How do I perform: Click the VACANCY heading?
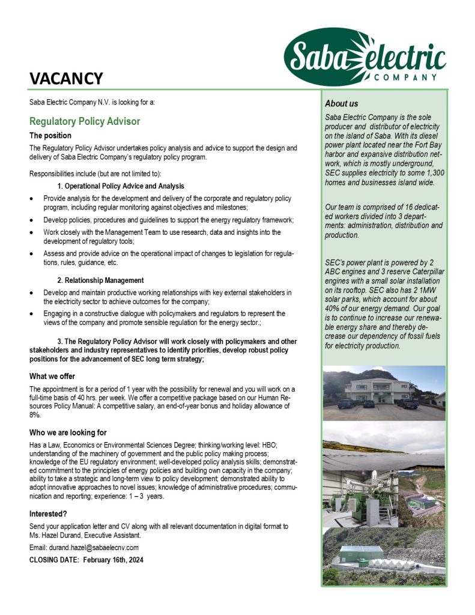[67, 78]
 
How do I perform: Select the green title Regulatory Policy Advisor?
[85, 121]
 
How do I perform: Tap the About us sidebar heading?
[341, 104]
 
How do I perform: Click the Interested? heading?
[48, 514]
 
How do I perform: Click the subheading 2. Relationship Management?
[100, 280]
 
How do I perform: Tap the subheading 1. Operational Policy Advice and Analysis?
[120, 186]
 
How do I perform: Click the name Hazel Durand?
[64, 535]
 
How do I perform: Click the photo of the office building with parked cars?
[384, 393]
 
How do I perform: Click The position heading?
[50, 136]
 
